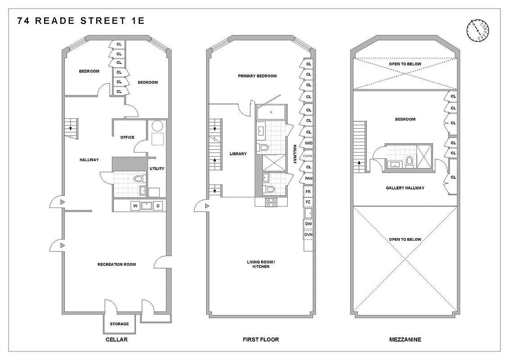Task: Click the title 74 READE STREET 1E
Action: pos(81,21)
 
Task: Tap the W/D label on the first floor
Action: pos(308,143)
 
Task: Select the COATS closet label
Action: pos(308,156)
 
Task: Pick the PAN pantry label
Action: pos(308,178)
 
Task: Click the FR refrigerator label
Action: pos(308,192)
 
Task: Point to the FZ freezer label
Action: pos(308,202)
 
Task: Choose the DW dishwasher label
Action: pos(308,224)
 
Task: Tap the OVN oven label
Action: pos(308,234)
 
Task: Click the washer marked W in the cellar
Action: pos(135,206)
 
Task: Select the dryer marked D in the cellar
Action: pos(158,206)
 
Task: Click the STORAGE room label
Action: pos(119,324)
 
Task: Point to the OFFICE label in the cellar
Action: pos(127,137)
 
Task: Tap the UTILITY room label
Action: pos(157,169)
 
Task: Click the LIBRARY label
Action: pos(238,154)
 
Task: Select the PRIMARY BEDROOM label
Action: pos(257,76)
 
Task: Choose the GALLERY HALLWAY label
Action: pos(405,188)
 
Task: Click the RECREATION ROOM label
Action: pos(117,264)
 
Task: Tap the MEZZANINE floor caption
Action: pos(405,340)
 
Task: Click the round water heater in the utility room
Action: pos(157,126)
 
